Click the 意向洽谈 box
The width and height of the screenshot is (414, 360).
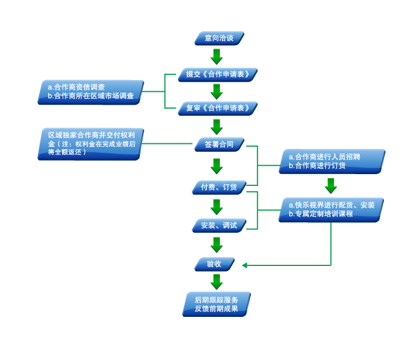coord(219,39)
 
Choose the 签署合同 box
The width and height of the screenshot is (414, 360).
coord(219,144)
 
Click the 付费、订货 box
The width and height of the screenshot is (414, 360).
coord(219,188)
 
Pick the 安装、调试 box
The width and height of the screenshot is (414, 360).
coord(219,226)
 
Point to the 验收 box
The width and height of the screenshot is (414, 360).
coord(214,264)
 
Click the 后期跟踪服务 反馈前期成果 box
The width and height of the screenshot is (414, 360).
coord(216,304)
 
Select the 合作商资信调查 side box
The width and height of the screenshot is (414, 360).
coord(91,92)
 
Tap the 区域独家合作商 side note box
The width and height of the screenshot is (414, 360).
coord(91,144)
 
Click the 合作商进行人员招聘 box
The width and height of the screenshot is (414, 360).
coord(332,161)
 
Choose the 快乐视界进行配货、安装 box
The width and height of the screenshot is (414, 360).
coord(331,210)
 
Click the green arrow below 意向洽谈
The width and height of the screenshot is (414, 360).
coord(217,57)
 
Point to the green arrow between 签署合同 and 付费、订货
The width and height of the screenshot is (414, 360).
coord(217,166)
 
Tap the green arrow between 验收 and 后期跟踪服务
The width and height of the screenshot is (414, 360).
coord(217,281)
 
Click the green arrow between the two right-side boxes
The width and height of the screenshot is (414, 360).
coord(331,185)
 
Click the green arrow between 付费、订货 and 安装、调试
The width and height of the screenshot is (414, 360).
coord(217,207)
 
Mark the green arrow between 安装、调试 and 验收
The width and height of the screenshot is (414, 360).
coord(217,245)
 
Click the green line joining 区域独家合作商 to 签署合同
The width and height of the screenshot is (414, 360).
coord(168,144)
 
